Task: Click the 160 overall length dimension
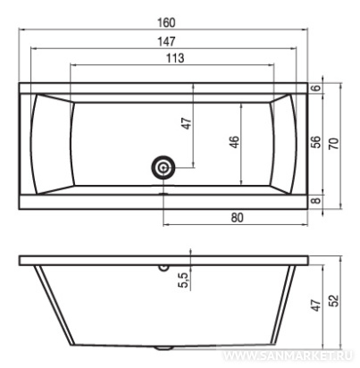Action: point(166,23)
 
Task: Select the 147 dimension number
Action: point(167,41)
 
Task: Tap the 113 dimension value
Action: point(175,58)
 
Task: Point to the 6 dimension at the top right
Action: point(317,88)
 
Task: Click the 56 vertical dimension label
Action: point(316,142)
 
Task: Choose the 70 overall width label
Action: point(334,144)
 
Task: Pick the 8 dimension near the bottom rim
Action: point(317,199)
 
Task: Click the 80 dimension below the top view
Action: point(237,218)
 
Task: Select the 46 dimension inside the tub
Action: point(235,142)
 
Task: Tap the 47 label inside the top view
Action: point(187,123)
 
